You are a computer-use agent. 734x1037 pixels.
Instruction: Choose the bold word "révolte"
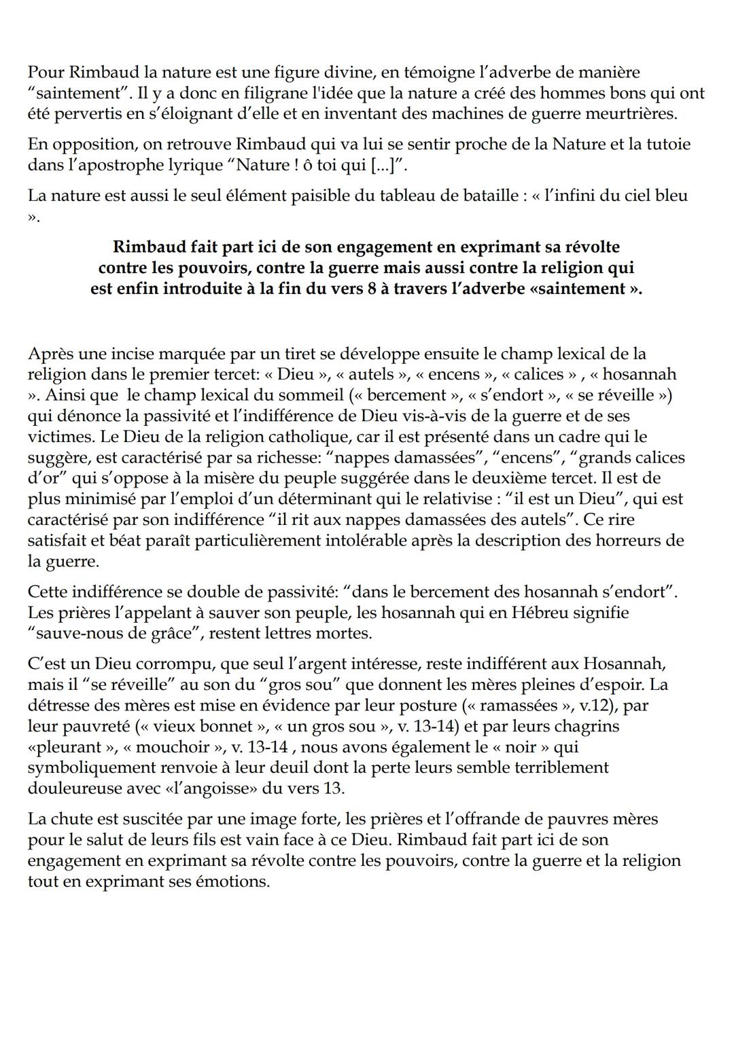pos(584,246)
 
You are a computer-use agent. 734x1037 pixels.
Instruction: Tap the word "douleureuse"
pos(81,788)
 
